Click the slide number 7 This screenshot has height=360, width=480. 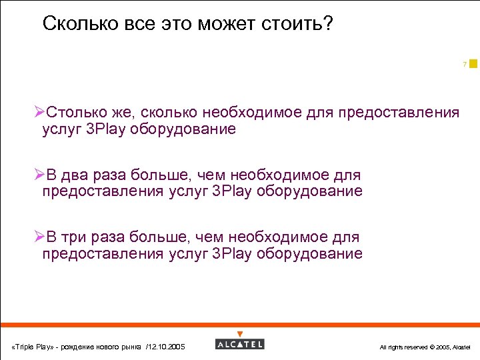click(464, 65)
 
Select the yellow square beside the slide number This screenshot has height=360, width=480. click(473, 64)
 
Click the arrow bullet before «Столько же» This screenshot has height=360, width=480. click(39, 112)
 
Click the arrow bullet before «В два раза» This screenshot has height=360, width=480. click(39, 175)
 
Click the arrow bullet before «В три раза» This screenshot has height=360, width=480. click(39, 237)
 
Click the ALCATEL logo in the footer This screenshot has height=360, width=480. click(240, 344)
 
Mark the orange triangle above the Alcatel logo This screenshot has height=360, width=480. click(240, 334)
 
